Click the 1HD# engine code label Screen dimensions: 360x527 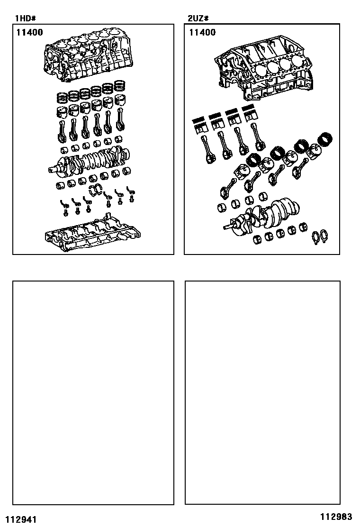tap(25, 18)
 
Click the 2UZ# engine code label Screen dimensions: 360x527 tap(198, 18)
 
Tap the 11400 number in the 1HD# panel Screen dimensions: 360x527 tap(30, 32)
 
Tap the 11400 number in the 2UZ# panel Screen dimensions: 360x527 tap(203, 32)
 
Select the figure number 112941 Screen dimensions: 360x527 tap(21, 519)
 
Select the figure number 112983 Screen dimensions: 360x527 tap(336, 516)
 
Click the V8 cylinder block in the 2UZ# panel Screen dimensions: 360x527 tap(264, 69)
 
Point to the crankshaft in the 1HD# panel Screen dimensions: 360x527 tap(90, 160)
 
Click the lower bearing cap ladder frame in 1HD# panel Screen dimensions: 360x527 tap(92, 232)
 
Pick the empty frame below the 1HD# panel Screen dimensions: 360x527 tap(93, 281)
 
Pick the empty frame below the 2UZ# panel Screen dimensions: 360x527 tap(262, 281)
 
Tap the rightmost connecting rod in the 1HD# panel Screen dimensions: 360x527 tap(120, 119)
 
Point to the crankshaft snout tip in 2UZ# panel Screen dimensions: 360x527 tap(224, 228)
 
